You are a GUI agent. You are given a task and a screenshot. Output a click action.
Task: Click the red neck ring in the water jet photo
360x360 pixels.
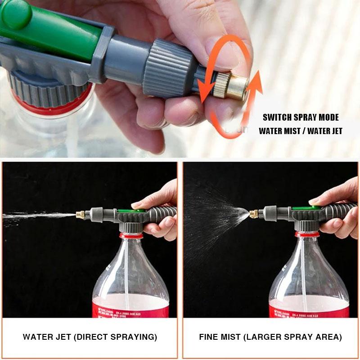[130, 235]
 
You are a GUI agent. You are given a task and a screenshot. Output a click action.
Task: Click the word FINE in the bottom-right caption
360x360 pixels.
[210, 337]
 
